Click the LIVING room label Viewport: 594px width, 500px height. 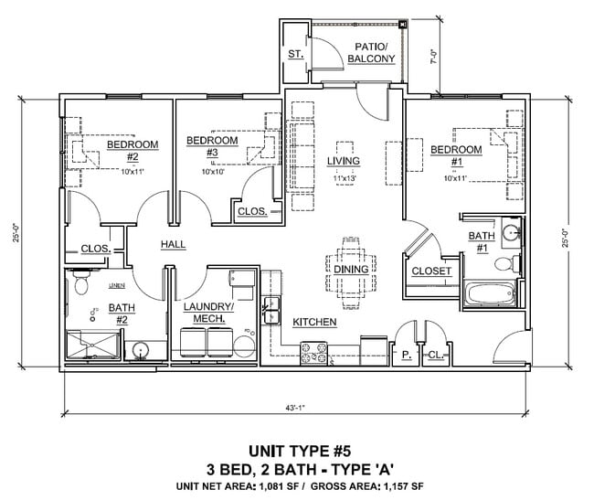click(x=344, y=162)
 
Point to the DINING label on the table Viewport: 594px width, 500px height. click(x=351, y=270)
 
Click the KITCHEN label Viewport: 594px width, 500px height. click(x=314, y=323)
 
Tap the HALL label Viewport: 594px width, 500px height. click(x=174, y=245)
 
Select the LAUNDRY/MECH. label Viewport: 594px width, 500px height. click(x=208, y=314)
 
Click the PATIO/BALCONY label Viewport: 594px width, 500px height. click(x=375, y=53)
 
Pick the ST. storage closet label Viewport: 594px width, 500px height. click(x=295, y=55)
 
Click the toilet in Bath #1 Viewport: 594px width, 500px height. click(x=504, y=265)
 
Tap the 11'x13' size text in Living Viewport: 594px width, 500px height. click(x=344, y=178)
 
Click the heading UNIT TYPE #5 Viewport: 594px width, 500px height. click(x=296, y=451)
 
